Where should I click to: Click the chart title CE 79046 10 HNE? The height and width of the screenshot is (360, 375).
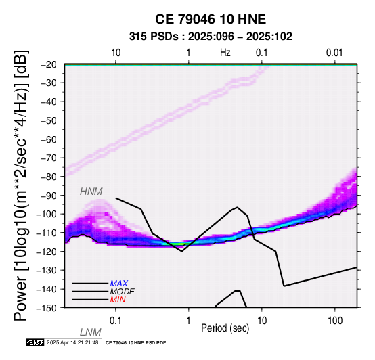click(x=211, y=19)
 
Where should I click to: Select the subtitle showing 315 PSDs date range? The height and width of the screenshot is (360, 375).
click(x=211, y=37)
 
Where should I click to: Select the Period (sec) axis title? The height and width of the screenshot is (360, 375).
click(x=225, y=328)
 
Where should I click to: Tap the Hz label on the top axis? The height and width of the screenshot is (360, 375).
click(x=225, y=53)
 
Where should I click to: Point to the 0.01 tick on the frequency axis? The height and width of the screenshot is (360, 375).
click(x=334, y=53)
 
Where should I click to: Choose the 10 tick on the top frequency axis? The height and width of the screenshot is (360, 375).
click(x=116, y=53)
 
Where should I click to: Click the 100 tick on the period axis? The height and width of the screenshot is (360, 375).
click(x=335, y=321)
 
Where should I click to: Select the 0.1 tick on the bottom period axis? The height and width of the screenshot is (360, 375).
click(x=116, y=321)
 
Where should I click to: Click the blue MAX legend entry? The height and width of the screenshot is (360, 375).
click(x=119, y=284)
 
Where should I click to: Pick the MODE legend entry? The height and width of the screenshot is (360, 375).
click(x=123, y=292)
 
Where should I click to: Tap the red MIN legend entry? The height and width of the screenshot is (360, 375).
click(x=118, y=300)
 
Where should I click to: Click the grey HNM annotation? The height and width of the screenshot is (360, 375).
click(x=91, y=192)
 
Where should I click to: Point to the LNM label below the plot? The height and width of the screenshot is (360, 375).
click(x=91, y=332)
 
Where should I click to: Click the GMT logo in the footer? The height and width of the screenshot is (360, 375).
click(x=35, y=342)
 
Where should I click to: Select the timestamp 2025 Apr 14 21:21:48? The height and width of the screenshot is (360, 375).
click(x=72, y=342)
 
